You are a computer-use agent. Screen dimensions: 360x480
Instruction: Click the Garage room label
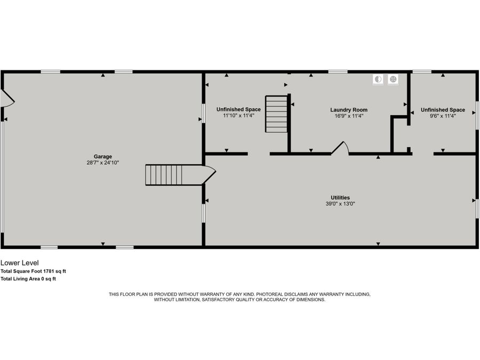click(x=103, y=156)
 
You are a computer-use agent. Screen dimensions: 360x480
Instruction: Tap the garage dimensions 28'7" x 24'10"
click(x=103, y=162)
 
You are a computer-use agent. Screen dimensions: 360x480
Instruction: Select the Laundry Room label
click(x=349, y=110)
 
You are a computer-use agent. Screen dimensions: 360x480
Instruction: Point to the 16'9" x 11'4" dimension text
click(x=349, y=116)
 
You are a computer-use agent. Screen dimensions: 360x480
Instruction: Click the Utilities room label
click(x=340, y=198)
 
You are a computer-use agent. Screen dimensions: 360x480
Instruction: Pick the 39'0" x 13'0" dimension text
click(x=340, y=204)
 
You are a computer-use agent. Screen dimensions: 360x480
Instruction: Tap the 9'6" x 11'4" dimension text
click(x=443, y=116)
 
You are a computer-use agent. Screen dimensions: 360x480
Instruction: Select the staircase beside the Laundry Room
click(x=277, y=114)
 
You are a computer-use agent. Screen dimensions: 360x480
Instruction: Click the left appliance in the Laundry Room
click(x=378, y=79)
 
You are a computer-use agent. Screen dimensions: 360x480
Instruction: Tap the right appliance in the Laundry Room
click(x=393, y=79)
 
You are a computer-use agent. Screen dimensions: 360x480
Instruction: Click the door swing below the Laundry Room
click(x=340, y=149)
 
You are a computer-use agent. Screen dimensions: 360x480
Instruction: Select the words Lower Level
click(x=19, y=263)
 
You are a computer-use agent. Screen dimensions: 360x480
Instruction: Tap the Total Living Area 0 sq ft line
click(x=28, y=278)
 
